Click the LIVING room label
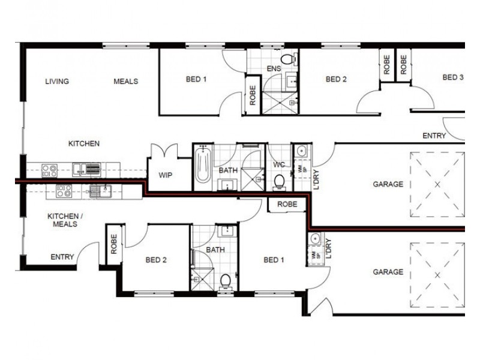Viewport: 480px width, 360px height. pos(57,82)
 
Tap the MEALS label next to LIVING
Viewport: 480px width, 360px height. pos(126,82)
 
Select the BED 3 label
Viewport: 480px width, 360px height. pos(453,77)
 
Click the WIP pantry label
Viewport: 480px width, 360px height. pos(165,175)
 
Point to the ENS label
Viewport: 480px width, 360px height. pos(274,70)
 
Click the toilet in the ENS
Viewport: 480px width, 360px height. pos(289,59)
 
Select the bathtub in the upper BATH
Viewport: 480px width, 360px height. pos(203,166)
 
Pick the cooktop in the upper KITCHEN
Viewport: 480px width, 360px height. pos(49,169)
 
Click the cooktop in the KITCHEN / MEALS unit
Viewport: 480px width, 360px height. pos(63,191)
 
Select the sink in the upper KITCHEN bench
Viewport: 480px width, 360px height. pos(93,169)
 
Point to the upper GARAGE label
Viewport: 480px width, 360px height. pos(388,185)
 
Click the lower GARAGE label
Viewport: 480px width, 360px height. pos(388,272)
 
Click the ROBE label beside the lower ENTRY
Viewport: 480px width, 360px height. pos(114,243)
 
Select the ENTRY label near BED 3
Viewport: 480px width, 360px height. pos(434,136)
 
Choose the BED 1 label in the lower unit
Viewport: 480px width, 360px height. pos(272,260)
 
